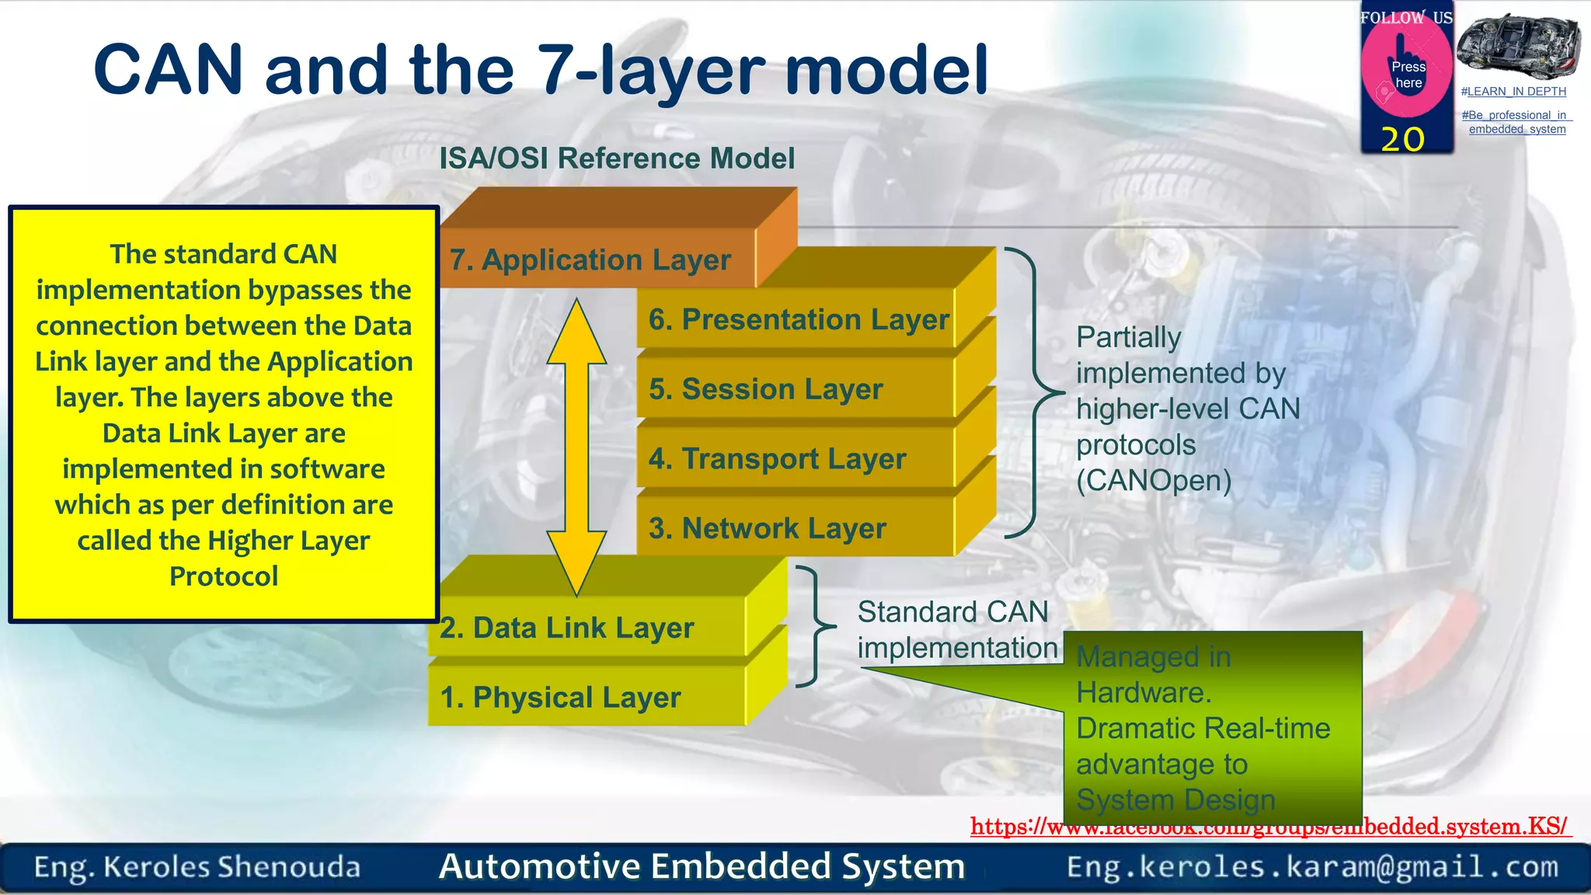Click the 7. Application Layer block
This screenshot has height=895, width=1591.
(590, 259)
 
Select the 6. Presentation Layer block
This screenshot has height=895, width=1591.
(798, 319)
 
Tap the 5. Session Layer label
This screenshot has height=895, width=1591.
(766, 388)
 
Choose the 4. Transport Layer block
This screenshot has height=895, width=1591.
(778, 458)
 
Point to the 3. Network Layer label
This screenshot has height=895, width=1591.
(768, 528)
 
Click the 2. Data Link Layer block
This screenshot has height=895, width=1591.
(567, 628)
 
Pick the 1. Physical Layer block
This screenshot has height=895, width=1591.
(561, 698)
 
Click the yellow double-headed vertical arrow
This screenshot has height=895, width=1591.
(576, 447)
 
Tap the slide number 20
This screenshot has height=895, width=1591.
(1402, 139)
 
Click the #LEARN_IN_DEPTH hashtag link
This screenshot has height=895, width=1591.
(1513, 92)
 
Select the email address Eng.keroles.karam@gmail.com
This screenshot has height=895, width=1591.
(1312, 867)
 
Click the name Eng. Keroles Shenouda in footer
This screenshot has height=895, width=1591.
(197, 867)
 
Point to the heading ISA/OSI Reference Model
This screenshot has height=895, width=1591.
(617, 158)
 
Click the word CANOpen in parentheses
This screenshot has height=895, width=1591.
(1154, 481)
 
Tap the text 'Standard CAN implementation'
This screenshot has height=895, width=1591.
(956, 629)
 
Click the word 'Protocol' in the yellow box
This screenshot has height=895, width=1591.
(224, 576)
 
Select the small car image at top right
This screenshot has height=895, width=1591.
(1518, 44)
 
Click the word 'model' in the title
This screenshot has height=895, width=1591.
(886, 70)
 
